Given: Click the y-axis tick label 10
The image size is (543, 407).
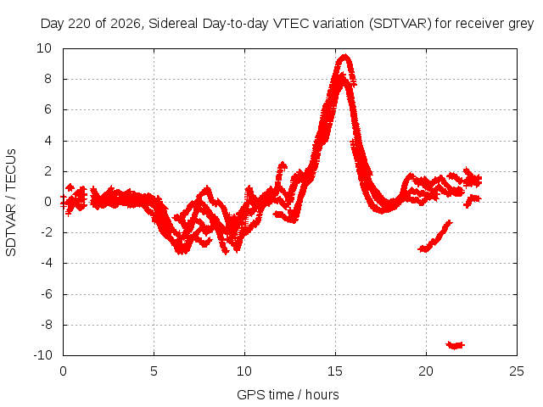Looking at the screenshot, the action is [44, 48].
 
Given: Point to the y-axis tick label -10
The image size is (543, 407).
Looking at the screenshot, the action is [42, 355].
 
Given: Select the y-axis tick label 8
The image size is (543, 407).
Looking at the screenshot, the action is [48, 79].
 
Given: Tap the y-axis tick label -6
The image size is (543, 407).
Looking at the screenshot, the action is [46, 294].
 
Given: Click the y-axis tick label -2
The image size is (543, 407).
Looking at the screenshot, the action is [46, 232].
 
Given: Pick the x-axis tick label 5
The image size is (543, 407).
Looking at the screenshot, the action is [154, 371].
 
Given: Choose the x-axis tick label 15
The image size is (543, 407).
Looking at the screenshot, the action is [335, 371].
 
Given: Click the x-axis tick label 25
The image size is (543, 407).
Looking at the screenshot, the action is [517, 371].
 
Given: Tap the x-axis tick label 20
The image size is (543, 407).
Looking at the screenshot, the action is [426, 371].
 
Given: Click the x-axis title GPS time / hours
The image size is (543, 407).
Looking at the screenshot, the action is [288, 395].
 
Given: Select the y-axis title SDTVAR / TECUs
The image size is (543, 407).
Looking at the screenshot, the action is [11, 203].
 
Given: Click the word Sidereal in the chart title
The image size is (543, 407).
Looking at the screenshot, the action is [173, 24].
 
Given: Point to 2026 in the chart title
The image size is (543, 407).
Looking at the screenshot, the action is [125, 24].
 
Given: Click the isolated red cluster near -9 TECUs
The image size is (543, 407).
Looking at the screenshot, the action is [455, 345].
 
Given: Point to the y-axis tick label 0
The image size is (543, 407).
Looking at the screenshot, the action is [48, 202].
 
